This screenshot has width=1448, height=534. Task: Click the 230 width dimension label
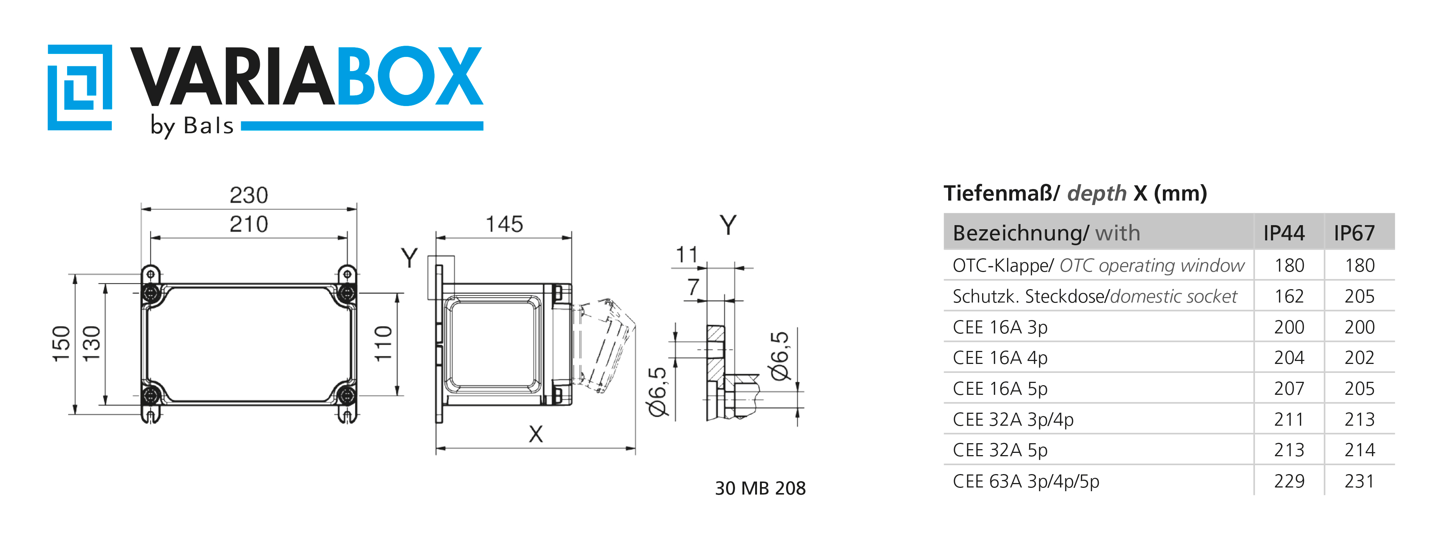[x=249, y=195]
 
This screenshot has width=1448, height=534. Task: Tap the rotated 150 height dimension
[x=61, y=343]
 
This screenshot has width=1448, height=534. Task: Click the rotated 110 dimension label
[x=384, y=343]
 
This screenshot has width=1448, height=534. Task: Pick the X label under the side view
[x=536, y=434]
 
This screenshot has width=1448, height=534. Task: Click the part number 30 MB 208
[x=760, y=488]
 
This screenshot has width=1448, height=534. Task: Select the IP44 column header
[x=1284, y=233]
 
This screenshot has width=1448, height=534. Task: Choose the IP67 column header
[x=1354, y=233]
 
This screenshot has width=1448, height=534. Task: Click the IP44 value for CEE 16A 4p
[x=1289, y=358]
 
